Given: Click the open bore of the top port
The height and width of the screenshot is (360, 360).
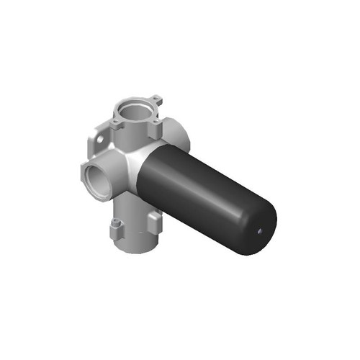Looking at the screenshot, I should pyautogui.click(x=135, y=112).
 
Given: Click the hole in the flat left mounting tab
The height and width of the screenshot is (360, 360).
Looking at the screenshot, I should pyautogui.click(x=100, y=139).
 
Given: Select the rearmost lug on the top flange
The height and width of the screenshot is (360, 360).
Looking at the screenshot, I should pyautogui.click(x=156, y=99).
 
